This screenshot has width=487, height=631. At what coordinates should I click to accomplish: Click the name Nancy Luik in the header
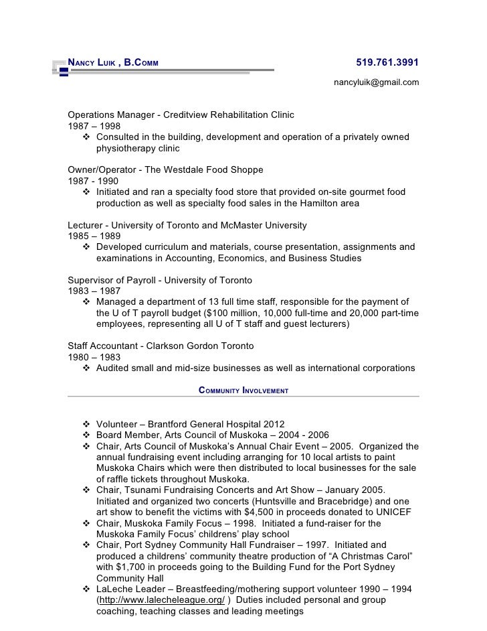click(x=90, y=64)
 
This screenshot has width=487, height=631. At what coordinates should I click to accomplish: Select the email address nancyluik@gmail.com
click(x=377, y=82)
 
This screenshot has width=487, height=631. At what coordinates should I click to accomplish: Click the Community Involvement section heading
click(x=243, y=390)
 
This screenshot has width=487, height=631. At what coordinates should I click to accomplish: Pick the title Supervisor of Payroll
click(x=112, y=279)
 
